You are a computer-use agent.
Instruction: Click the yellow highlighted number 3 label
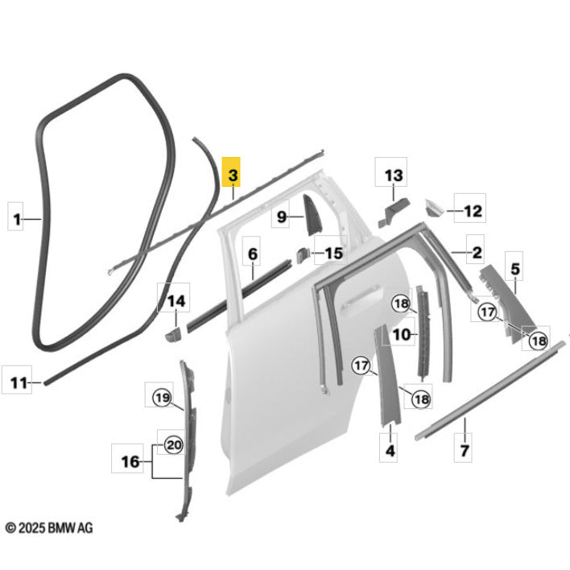click(x=231, y=172)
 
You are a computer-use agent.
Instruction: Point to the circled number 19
click(x=163, y=398)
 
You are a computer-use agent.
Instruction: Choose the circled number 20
click(x=174, y=445)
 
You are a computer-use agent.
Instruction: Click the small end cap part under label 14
click(x=173, y=334)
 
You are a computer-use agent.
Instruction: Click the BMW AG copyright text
click(x=49, y=527)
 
